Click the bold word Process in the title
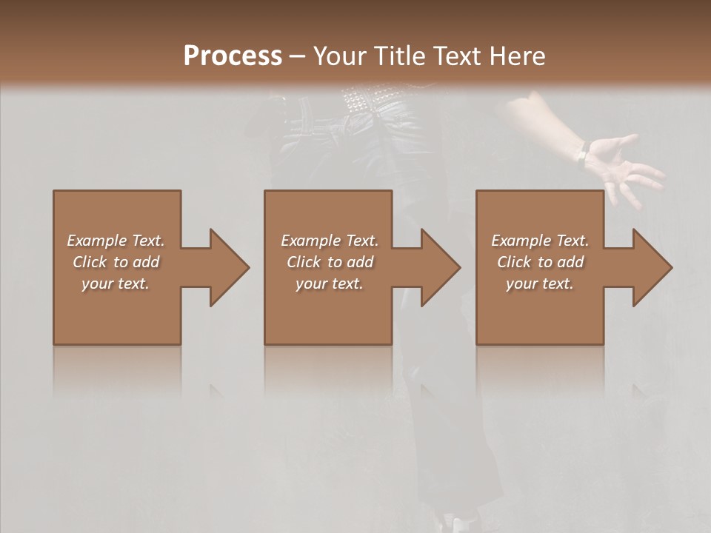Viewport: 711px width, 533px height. click(x=233, y=56)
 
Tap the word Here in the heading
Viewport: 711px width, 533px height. click(x=517, y=56)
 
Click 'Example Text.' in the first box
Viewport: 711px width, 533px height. click(x=116, y=241)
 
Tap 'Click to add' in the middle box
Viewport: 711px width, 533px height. click(x=330, y=262)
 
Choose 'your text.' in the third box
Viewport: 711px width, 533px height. click(x=539, y=284)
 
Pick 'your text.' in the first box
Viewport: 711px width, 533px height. click(x=116, y=284)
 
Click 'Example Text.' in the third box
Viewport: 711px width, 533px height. click(x=539, y=241)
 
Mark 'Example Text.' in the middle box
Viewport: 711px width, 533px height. click(x=330, y=241)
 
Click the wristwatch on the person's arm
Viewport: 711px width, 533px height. click(x=582, y=154)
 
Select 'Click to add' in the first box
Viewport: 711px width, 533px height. click(x=116, y=262)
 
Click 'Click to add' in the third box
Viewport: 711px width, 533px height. click(x=539, y=262)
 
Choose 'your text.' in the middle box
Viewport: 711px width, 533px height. click(x=330, y=284)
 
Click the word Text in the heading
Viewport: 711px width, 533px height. click(x=456, y=56)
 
